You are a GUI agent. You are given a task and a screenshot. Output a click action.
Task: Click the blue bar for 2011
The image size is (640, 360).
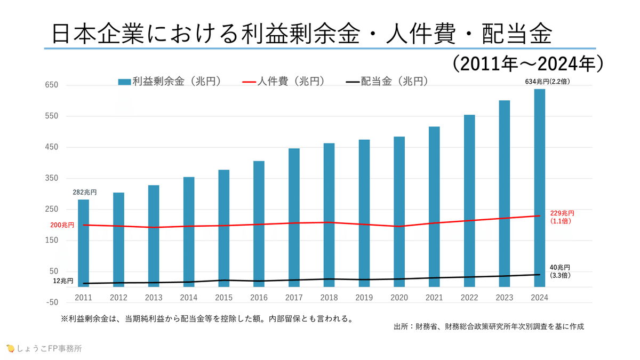tap(83, 243)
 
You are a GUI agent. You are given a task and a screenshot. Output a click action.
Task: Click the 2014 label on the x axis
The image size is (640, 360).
tap(189, 297)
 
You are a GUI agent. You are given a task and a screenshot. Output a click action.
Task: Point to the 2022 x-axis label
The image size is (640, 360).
tap(469, 297)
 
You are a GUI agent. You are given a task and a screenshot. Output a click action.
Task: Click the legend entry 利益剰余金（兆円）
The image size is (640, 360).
tap(170, 81)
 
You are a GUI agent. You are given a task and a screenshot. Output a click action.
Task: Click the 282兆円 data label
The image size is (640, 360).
tap(84, 192)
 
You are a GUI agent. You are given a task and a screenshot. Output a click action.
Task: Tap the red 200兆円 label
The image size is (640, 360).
tap(62, 225)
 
